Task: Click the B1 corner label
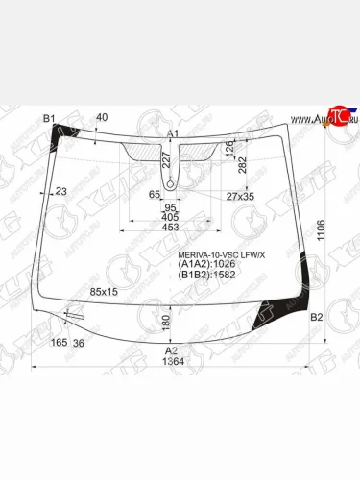[50, 118]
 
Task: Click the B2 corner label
[318, 317]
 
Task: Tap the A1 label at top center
[173, 133]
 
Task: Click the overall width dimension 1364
[173, 363]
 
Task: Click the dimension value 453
[170, 228]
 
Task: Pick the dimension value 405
[170, 218]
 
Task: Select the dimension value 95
[171, 207]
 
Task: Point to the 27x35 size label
[240, 197]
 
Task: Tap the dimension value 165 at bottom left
[59, 343]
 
